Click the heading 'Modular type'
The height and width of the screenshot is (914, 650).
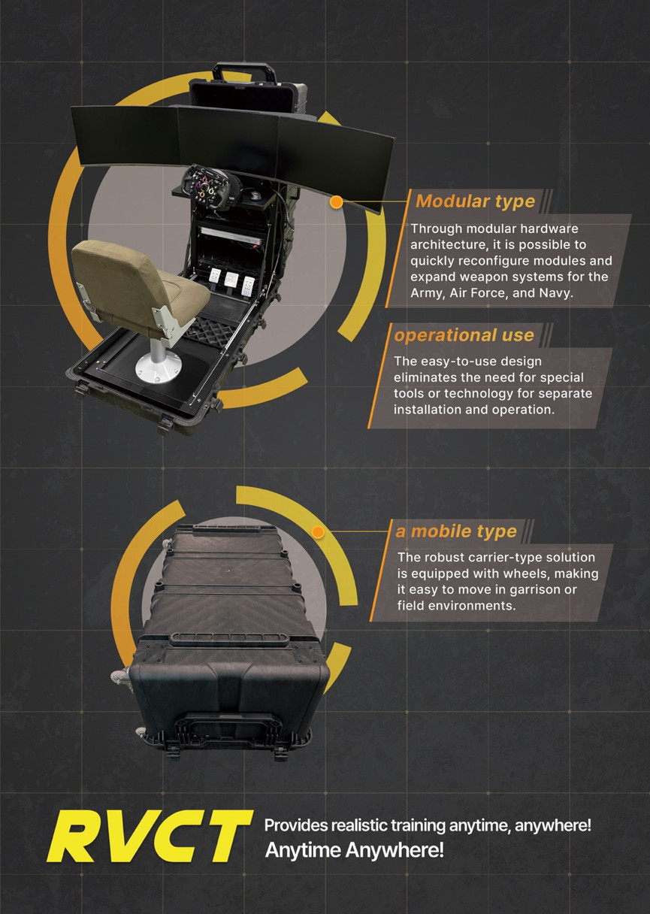(475, 201)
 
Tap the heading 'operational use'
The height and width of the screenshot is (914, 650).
(464, 335)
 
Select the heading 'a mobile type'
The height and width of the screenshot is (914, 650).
(456, 531)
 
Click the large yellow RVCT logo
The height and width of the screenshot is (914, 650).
(149, 836)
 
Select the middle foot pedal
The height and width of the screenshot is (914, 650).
(231, 280)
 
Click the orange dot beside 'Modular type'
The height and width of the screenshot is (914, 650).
(336, 201)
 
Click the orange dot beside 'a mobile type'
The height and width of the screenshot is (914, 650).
(318, 531)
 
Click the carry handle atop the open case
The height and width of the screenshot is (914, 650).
(245, 71)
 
